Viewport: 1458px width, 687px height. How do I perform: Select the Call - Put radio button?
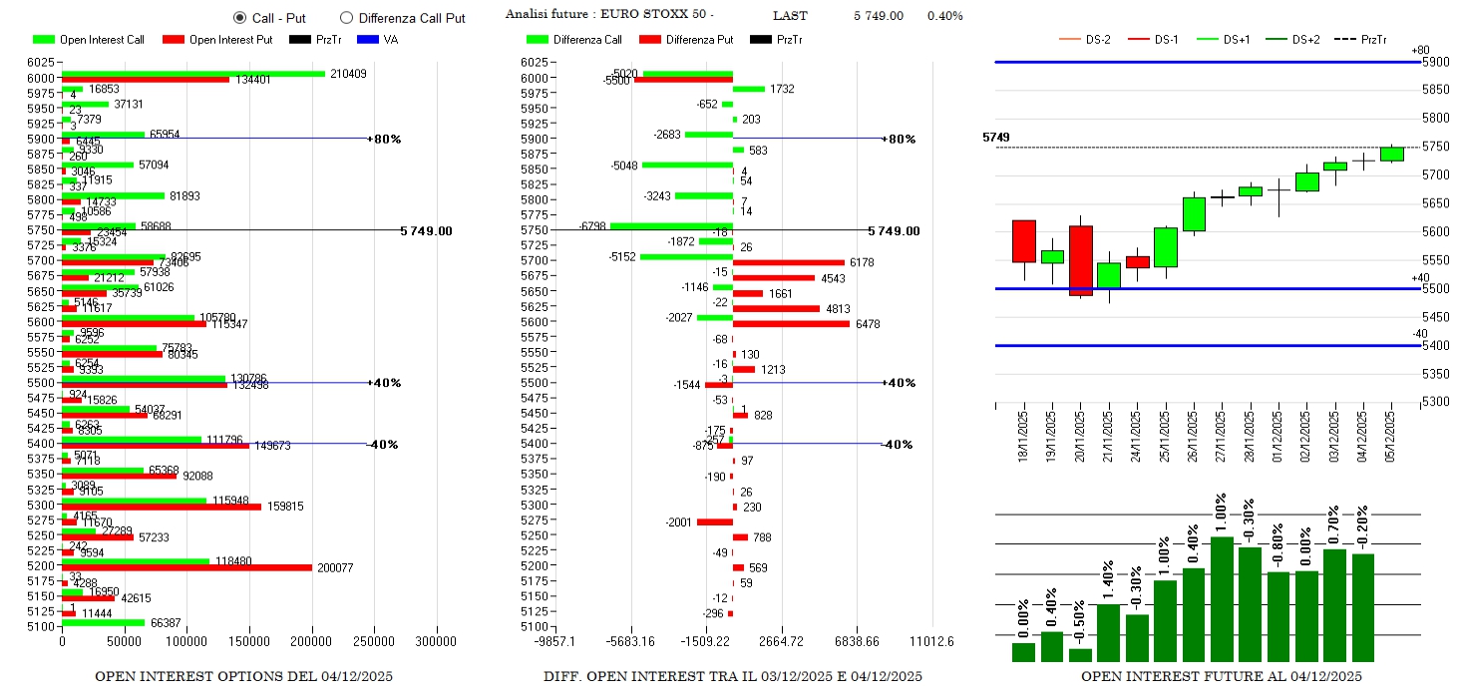coord(239,18)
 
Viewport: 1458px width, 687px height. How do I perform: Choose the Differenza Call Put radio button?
coord(346,18)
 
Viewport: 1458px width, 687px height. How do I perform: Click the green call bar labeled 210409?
coord(192,73)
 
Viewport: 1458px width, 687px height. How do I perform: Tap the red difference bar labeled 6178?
coord(788,263)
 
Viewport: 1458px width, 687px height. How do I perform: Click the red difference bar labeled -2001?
coord(714,522)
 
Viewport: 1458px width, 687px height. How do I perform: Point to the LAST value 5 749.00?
coord(878,16)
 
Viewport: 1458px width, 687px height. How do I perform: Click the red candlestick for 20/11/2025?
coord(1080,260)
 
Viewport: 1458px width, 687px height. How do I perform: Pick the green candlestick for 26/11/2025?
coord(1194,214)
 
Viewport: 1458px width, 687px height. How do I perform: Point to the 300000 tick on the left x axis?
coord(437,641)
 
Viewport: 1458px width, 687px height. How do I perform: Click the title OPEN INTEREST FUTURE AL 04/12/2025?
coord(1221,676)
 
